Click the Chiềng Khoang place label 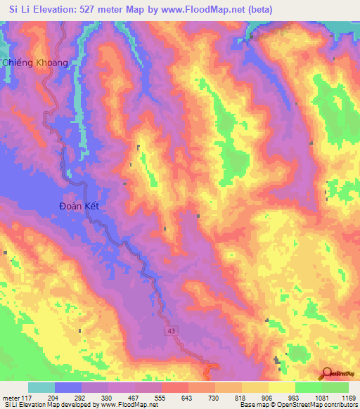(x=35, y=63)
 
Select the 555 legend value (x=162, y=398)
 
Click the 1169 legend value (x=347, y=398)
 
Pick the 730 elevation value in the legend (x=215, y=398)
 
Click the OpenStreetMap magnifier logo (x=326, y=374)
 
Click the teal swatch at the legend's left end (x=41, y=387)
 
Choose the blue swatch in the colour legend (x=68, y=387)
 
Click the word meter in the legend (x=11, y=398)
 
